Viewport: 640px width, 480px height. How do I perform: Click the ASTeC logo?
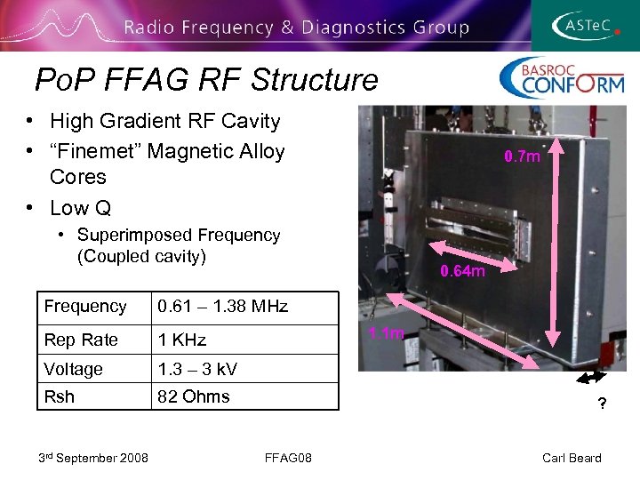coord(587,26)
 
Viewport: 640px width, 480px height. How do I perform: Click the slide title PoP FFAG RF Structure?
coord(206,80)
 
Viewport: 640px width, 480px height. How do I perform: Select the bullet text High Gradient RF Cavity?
coord(164,121)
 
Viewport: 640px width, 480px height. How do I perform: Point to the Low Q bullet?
coord(80,208)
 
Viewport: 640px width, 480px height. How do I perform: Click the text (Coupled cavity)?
coord(141,257)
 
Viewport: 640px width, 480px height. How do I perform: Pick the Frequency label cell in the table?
coord(85,307)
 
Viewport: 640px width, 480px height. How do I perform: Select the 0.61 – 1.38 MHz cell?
coord(222,307)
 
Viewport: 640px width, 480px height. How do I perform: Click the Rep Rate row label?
coord(81,340)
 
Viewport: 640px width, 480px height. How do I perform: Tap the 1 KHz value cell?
coord(181,340)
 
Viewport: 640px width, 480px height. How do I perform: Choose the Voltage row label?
coord(73,369)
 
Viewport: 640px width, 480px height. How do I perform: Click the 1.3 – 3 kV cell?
coord(197,369)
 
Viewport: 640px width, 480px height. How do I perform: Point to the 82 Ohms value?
coord(193,396)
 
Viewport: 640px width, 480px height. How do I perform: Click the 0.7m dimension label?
coord(522,157)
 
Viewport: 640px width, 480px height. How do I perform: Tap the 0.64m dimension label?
coord(463,271)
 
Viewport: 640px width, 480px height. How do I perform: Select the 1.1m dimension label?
coord(386,333)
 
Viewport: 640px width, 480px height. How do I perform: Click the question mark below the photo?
coord(602,404)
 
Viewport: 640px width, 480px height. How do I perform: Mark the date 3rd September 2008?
coord(93,458)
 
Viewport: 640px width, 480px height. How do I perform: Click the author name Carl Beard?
coord(572,458)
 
